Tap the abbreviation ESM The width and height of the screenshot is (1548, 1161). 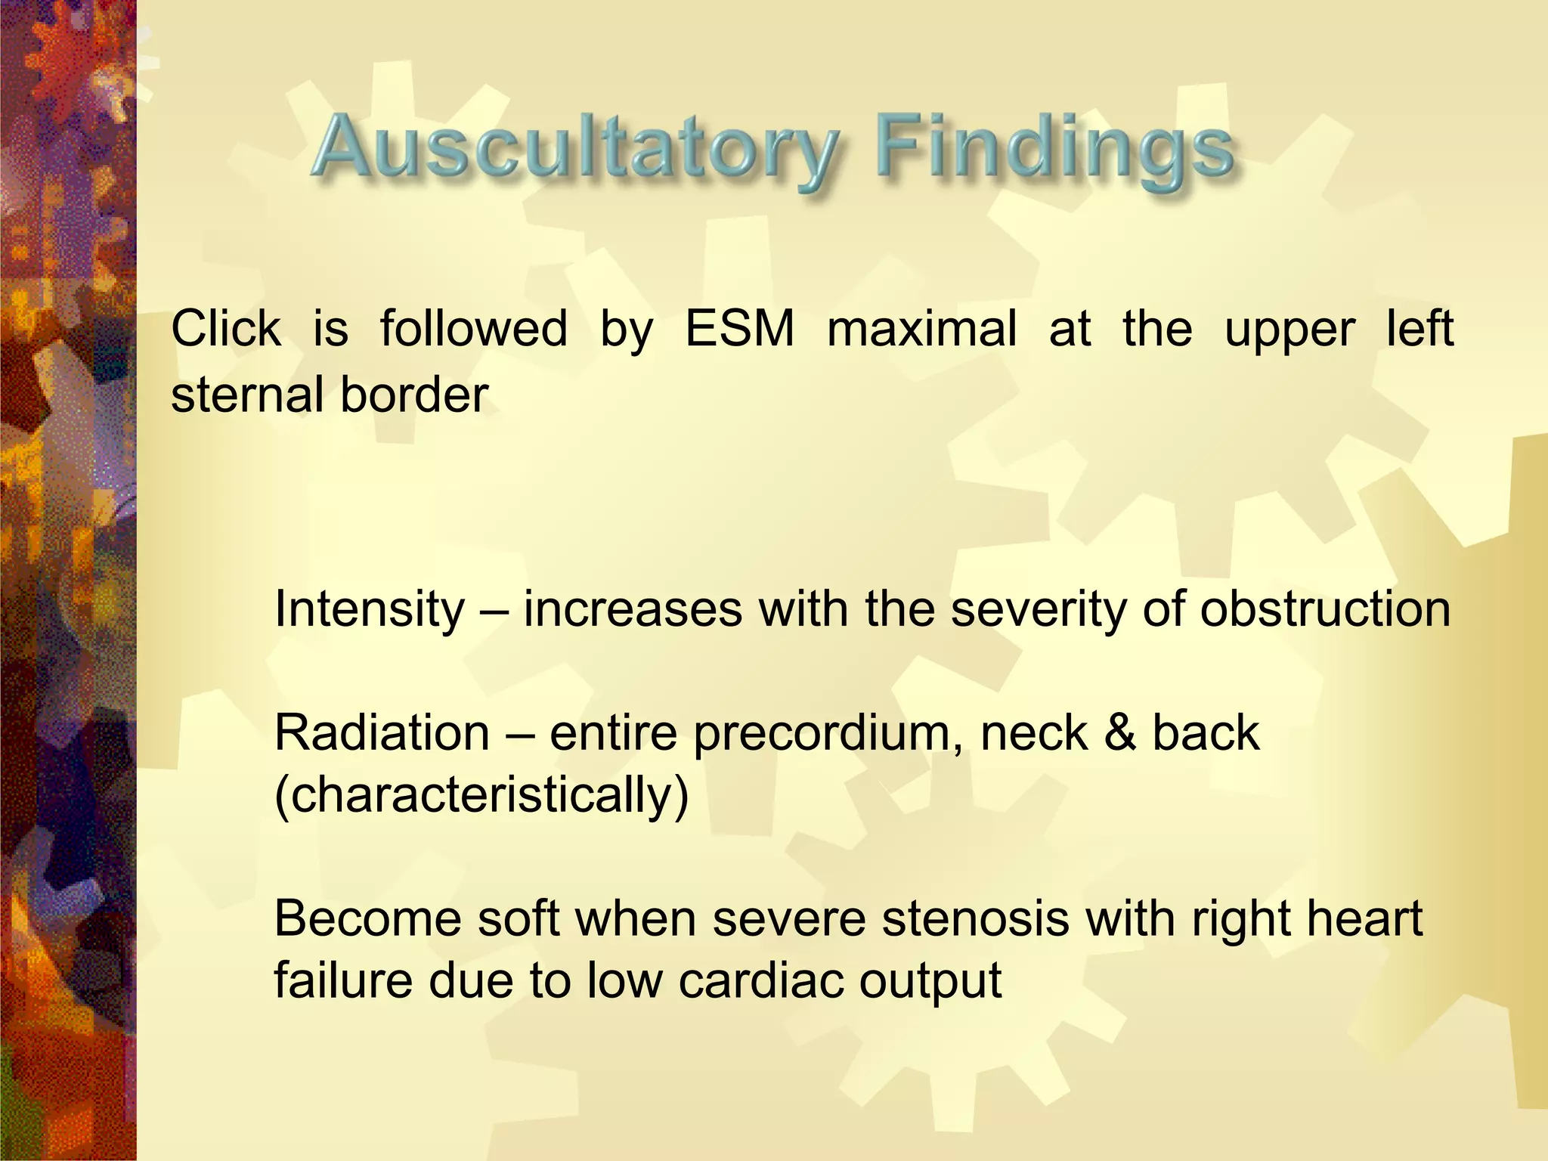740,330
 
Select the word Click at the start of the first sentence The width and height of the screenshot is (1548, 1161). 226,330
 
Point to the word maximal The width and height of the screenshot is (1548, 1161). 921,330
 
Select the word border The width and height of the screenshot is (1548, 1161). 414,395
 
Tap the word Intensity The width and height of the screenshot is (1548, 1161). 370,609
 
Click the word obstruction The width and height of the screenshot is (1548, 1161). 1325,609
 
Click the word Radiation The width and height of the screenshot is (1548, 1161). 382,733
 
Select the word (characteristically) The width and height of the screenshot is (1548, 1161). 481,795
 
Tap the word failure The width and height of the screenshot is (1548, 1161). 342,981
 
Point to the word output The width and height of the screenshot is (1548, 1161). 930,981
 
